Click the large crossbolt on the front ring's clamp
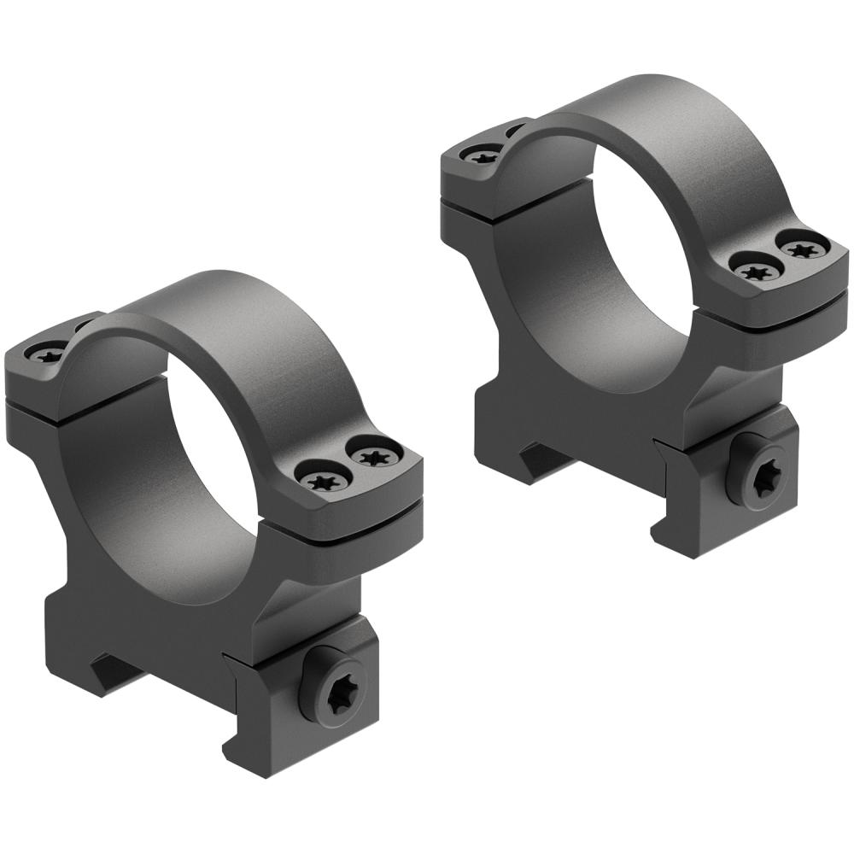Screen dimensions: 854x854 coord(342,682)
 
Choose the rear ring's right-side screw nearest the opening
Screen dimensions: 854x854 coord(755,271)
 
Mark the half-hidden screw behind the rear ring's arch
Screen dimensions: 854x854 coord(515,131)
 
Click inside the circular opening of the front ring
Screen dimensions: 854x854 coord(213,444)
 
